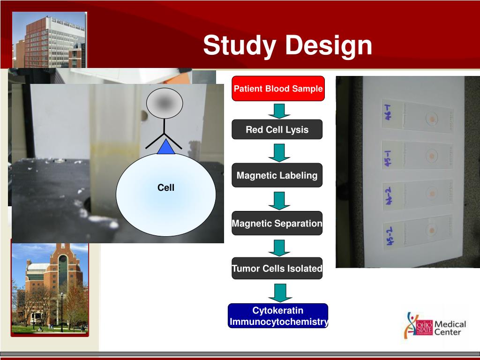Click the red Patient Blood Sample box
click(278, 89)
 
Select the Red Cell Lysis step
click(277, 130)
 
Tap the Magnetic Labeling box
click(277, 176)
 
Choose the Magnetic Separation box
click(277, 224)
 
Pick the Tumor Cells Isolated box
click(277, 269)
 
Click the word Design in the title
click(328, 45)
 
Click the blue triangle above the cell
click(166, 147)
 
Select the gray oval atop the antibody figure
click(164, 103)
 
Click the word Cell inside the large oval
click(166, 188)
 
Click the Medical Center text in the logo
click(450, 328)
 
